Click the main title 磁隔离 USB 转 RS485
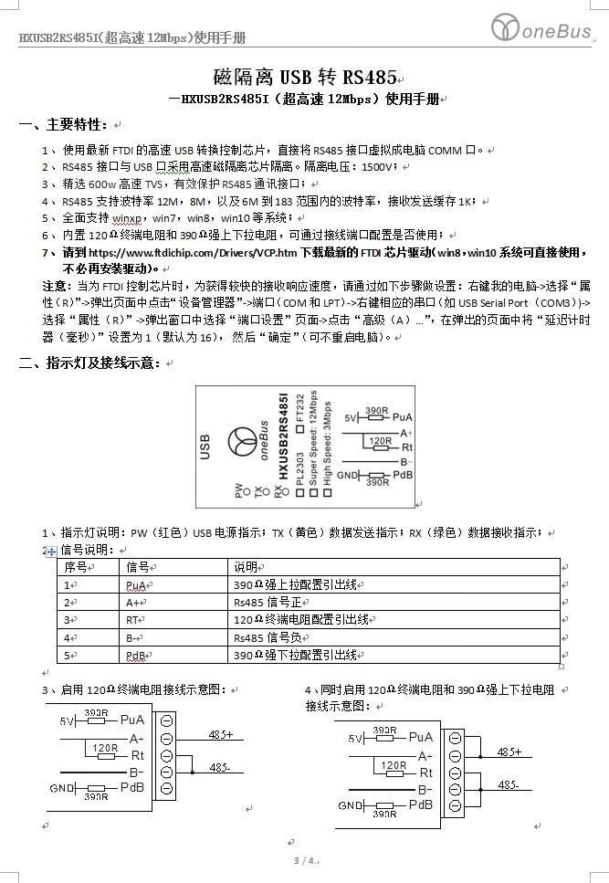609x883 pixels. click(290, 77)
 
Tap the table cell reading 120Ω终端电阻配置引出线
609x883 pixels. click(300, 620)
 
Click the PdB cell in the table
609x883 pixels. click(136, 656)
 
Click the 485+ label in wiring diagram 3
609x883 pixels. click(221, 733)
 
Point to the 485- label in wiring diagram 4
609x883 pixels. click(508, 784)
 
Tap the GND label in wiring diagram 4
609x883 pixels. click(351, 805)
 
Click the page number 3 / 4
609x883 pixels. click(304, 861)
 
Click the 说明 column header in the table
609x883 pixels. click(246, 567)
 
